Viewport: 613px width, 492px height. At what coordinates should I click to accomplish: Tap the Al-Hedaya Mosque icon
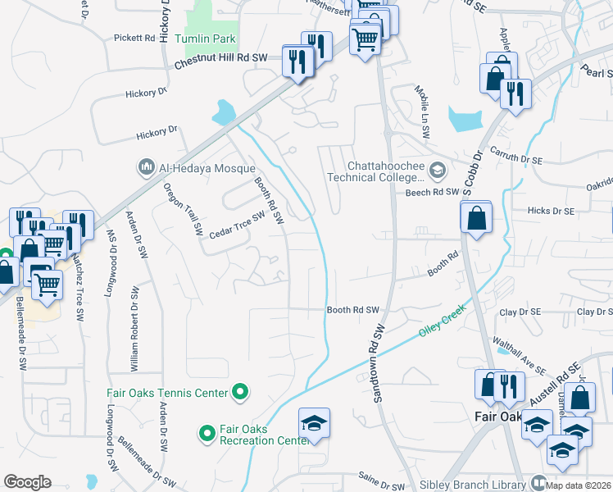click(x=147, y=167)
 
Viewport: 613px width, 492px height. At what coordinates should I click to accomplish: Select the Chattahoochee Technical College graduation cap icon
click(x=438, y=171)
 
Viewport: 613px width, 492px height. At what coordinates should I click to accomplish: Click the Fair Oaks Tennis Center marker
click(x=240, y=394)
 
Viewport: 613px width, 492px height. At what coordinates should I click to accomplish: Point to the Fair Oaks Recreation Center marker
click(x=207, y=430)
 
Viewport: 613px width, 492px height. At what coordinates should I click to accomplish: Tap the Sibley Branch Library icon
click(x=538, y=483)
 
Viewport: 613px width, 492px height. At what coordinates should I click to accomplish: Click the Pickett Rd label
click(x=134, y=38)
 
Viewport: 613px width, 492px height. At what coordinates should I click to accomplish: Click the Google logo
click(x=28, y=482)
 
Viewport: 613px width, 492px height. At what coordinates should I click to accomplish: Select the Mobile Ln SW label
click(x=422, y=104)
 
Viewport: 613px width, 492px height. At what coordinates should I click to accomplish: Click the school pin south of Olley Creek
click(x=314, y=424)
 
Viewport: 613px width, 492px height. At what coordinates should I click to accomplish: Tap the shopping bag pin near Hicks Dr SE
click(x=476, y=219)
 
